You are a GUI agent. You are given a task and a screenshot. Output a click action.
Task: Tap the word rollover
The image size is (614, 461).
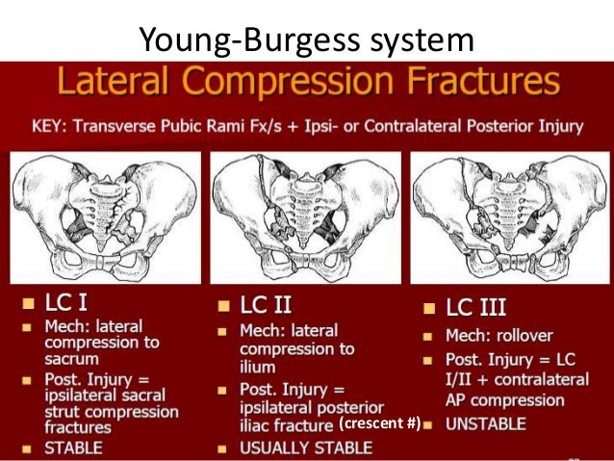pyautogui.click(x=537, y=337)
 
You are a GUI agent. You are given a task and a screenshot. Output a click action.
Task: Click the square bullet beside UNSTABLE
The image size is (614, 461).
pyautogui.click(x=429, y=423)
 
